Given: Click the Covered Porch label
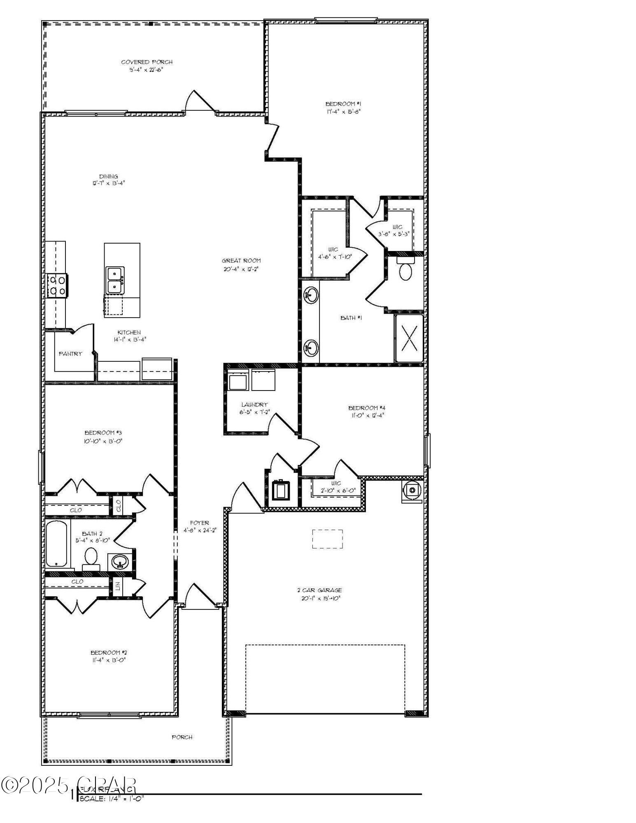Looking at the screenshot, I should [147, 62].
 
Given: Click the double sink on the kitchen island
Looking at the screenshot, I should [115, 280].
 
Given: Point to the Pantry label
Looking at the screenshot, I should [70, 353].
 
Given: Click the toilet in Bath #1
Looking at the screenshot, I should [405, 270].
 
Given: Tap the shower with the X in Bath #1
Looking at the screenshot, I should [409, 338].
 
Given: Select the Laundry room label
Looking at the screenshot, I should [254, 405].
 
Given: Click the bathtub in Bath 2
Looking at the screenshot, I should [56, 544].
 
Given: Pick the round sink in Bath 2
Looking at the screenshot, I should [120, 562].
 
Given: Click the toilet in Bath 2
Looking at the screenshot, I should [91, 558].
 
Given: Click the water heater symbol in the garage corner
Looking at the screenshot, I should [412, 490].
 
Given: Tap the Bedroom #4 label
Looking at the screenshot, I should [367, 408].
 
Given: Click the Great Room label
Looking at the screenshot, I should [241, 260].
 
